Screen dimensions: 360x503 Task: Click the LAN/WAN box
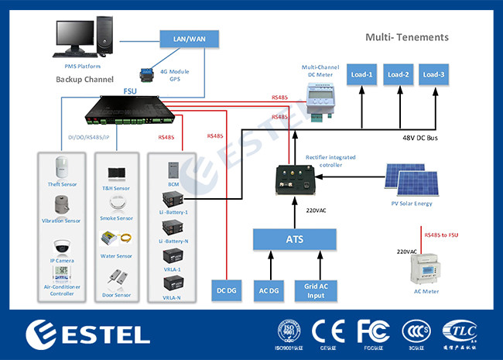[188, 38]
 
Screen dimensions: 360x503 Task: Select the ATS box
[296, 239]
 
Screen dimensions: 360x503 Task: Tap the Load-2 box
[398, 74]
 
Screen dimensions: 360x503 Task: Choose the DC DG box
[227, 289]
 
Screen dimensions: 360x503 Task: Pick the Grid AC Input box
[316, 289]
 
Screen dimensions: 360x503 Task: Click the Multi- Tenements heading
[406, 37]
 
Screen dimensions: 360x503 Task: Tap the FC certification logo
[371, 331]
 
